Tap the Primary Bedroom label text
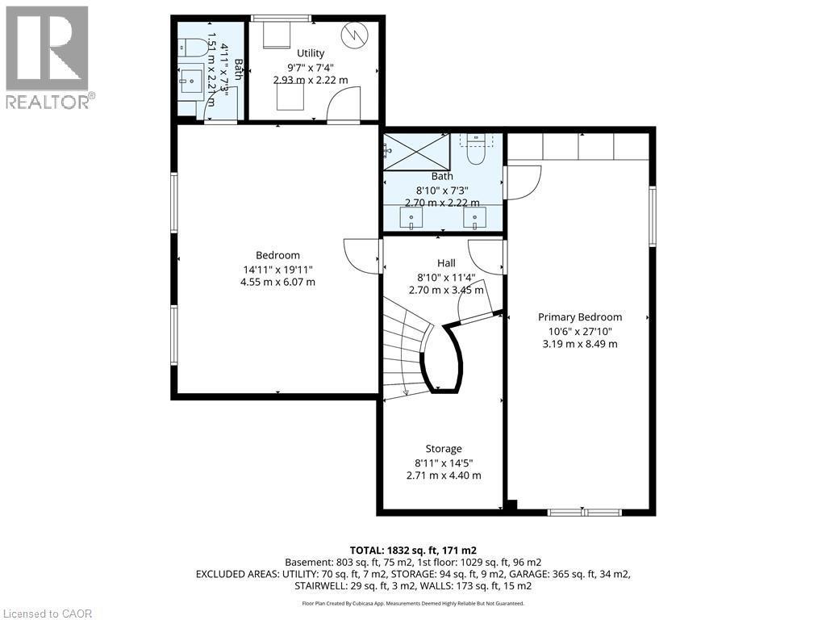[579, 317]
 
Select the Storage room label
[444, 449]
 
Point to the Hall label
[446, 263]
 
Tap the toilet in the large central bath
[476, 149]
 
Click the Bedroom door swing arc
[361, 254]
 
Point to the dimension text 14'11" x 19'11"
[277, 270]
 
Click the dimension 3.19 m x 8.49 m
[579, 344]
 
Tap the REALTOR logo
[48, 57]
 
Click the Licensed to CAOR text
[48, 614]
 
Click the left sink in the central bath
[412, 218]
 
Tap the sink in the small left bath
[192, 80]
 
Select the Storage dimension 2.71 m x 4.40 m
[444, 475]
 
